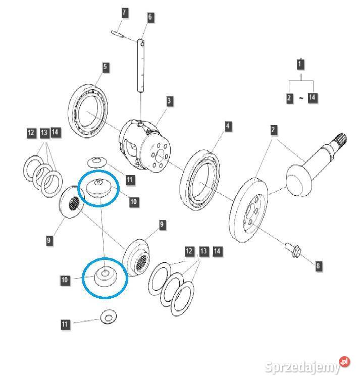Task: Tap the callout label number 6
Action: tap(150, 18)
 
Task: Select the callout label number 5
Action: tap(105, 67)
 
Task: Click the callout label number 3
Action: tap(169, 101)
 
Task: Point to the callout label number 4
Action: tap(229, 126)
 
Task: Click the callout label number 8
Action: tap(318, 266)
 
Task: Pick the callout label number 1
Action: tap(300, 65)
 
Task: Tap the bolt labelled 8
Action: tap(293, 249)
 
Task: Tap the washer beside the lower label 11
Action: tap(108, 317)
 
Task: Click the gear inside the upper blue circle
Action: tap(98, 189)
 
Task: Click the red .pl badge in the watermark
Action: tap(345, 362)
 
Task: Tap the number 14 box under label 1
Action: tap(313, 97)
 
